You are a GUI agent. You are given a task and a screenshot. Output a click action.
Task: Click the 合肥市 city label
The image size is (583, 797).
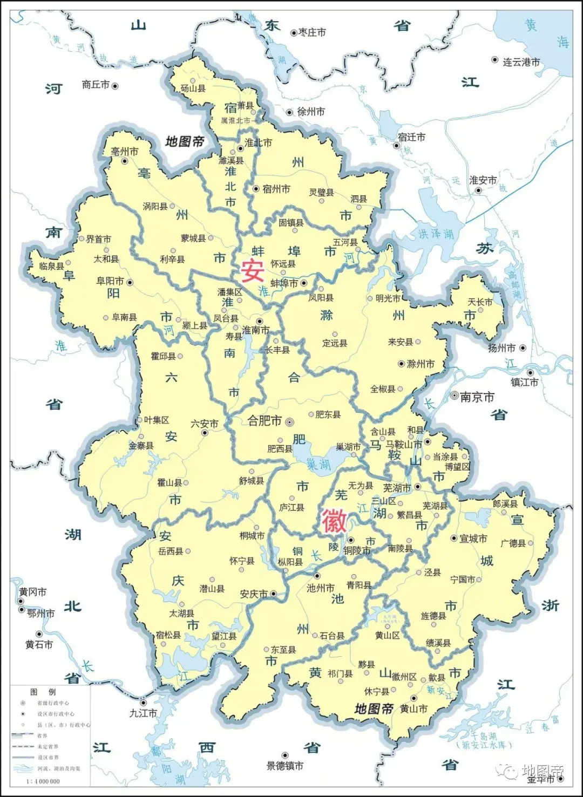265,421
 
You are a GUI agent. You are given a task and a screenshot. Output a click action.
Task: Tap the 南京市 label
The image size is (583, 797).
477,397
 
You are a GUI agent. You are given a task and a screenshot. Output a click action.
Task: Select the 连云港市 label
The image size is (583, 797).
521,63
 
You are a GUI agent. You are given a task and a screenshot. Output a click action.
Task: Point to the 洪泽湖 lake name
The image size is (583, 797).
436,234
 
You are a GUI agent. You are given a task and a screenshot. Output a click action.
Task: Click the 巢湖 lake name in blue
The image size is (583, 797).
318,464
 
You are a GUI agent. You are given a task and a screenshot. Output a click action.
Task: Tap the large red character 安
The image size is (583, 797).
252,270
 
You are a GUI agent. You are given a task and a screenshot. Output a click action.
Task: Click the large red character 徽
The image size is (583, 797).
334,521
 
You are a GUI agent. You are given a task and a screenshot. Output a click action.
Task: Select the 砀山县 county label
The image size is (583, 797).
193,88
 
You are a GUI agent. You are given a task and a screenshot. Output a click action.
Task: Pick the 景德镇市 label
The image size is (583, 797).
285,766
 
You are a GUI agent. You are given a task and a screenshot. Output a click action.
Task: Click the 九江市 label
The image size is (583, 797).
143,713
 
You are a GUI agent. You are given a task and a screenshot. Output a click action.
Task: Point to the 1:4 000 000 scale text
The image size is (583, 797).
43,781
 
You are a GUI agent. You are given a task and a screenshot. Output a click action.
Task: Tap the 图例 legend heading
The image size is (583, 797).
43,692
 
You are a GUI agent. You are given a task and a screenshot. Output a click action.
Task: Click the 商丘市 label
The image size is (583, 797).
96,85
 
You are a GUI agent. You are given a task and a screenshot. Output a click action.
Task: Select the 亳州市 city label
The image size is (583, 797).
125,152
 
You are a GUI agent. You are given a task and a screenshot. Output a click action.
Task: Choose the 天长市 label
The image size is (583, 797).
480,302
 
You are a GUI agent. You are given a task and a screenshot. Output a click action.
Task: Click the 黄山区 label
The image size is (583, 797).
388,636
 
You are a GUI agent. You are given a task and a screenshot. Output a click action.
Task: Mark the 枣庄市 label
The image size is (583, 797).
312,33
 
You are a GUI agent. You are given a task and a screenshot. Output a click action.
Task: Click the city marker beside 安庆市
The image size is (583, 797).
274,594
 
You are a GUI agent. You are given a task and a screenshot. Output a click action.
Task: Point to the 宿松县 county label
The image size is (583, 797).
168,635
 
